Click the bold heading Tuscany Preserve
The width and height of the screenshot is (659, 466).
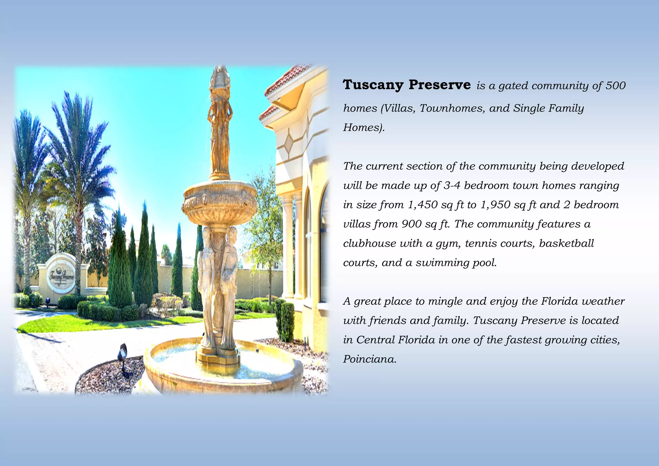click(x=406, y=85)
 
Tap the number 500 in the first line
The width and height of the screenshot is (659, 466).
click(x=615, y=86)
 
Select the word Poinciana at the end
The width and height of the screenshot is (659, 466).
click(x=370, y=359)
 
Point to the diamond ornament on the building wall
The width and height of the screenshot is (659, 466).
click(x=289, y=142)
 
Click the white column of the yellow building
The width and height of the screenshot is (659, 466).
click(x=288, y=248)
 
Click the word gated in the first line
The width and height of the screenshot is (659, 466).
click(x=513, y=86)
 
